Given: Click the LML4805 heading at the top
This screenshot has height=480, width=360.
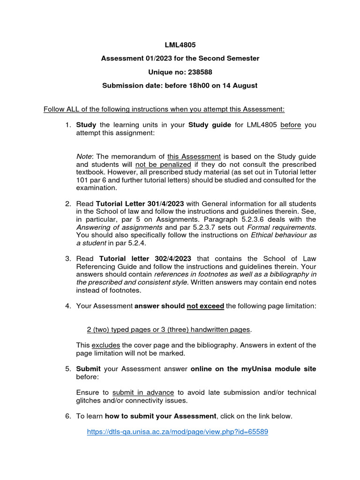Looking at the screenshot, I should tap(180, 45).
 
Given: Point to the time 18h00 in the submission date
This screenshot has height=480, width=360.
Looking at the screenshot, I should tap(190, 86).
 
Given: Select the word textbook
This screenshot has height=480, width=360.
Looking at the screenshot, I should tap(91, 172).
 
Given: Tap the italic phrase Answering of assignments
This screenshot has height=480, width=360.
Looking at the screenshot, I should tap(119, 227).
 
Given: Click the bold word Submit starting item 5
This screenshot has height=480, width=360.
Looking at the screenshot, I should tap(89, 369).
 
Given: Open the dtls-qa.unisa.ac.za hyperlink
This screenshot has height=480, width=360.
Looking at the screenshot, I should tap(177, 432).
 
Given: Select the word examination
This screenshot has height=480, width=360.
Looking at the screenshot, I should tap(96, 188).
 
